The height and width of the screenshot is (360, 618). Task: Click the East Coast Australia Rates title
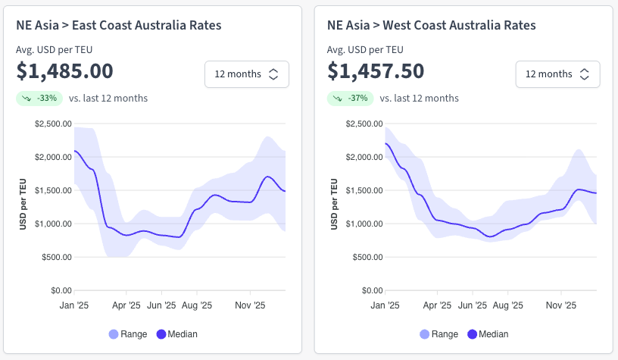click(119, 25)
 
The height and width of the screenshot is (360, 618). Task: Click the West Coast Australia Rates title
click(431, 25)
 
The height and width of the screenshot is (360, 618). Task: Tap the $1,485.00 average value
click(65, 71)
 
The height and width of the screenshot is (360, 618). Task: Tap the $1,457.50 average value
click(376, 71)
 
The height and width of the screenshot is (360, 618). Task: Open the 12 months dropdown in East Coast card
click(246, 74)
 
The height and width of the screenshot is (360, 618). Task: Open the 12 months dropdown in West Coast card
click(557, 74)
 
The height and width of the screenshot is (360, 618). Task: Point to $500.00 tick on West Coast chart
click(366, 257)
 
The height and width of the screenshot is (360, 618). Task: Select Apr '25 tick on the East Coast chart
click(126, 305)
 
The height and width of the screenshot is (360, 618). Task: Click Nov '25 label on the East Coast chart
click(250, 305)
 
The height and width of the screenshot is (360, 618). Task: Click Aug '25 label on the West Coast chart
click(507, 305)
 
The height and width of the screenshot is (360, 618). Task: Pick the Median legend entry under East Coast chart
click(176, 334)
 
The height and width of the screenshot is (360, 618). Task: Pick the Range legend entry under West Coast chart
click(437, 334)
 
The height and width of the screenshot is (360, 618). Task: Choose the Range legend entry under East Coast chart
click(126, 334)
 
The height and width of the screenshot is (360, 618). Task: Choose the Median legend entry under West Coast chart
click(488, 334)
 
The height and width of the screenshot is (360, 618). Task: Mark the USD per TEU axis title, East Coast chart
click(23, 205)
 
